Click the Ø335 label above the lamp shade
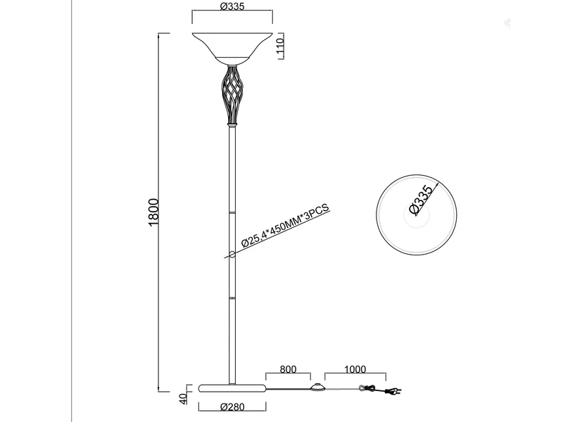232,7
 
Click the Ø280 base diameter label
232,407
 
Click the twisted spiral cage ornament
232,94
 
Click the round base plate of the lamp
232,388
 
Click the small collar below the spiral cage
232,124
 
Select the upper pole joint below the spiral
232,210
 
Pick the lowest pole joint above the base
232,298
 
